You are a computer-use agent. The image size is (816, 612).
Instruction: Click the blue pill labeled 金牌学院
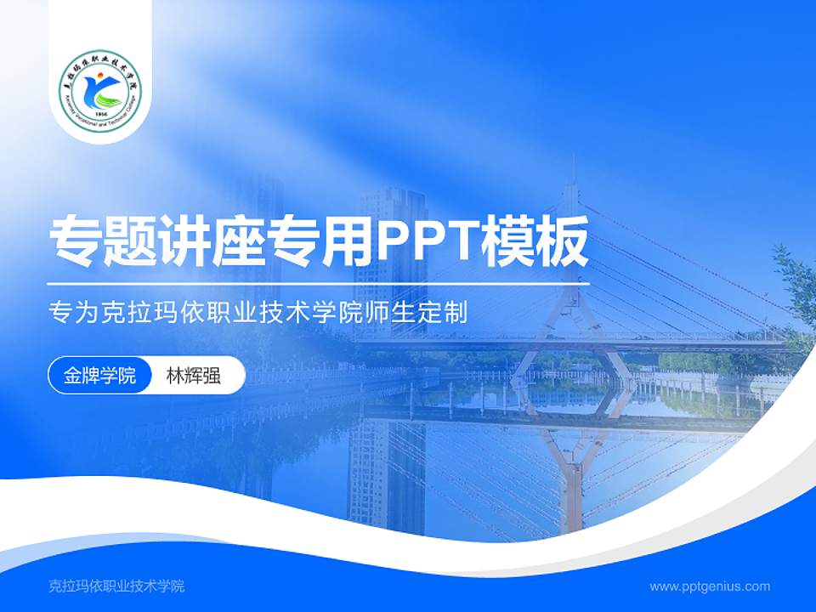pyautogui.click(x=99, y=376)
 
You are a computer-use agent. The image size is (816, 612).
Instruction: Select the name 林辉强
pyautogui.click(x=193, y=376)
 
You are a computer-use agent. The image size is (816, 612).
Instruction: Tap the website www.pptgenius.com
pyautogui.click(x=710, y=586)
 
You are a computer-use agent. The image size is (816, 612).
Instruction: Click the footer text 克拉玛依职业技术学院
pyautogui.click(x=117, y=586)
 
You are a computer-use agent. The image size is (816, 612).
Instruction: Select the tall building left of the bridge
pyautogui.click(x=390, y=246)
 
